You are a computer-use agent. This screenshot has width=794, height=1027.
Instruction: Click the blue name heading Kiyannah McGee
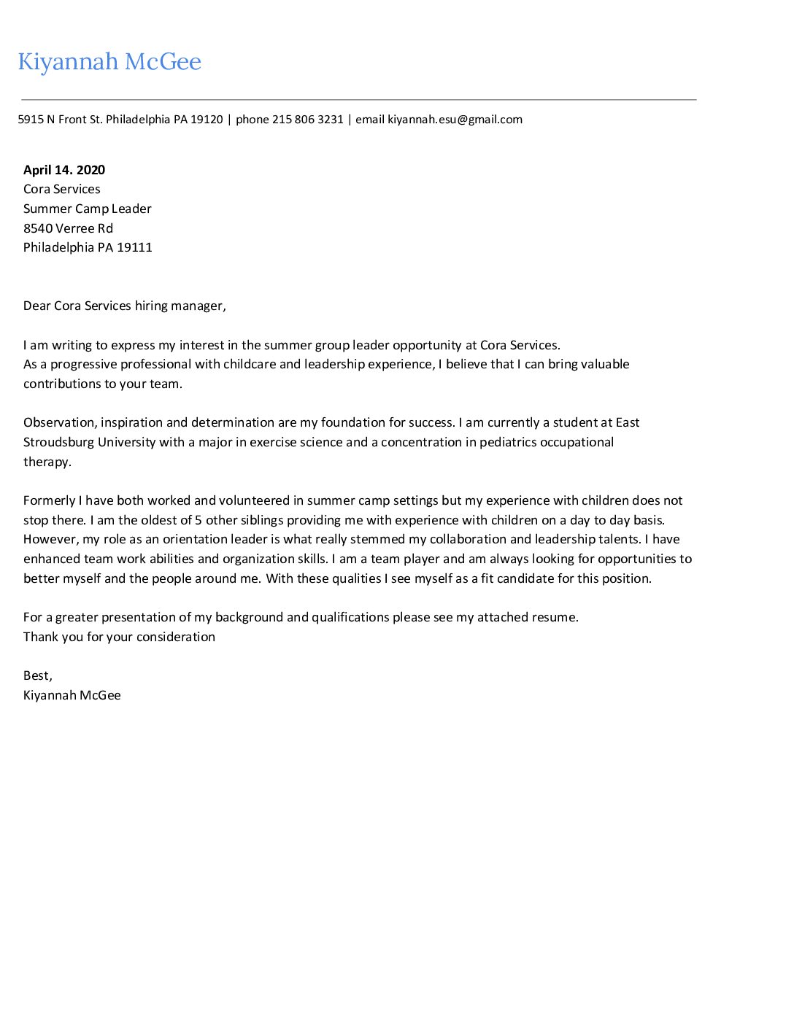tap(109, 62)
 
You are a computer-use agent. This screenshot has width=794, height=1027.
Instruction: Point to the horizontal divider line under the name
tap(358, 99)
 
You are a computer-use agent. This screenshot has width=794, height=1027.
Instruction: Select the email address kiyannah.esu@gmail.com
tap(455, 120)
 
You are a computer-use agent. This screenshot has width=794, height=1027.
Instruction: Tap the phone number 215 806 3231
tap(307, 120)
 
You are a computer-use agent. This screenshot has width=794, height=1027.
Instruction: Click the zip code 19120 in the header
tap(207, 120)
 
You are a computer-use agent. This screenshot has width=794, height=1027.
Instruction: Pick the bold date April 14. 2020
tap(64, 170)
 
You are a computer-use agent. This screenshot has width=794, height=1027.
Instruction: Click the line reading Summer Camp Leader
tap(88, 209)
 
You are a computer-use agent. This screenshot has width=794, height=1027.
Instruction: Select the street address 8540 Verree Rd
tap(68, 228)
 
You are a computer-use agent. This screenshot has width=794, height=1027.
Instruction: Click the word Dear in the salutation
tap(36, 306)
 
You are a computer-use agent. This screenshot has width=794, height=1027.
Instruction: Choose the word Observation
tap(59, 423)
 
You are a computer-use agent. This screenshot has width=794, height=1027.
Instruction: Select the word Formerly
tap(49, 500)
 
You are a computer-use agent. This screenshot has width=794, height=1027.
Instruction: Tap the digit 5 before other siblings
tap(198, 520)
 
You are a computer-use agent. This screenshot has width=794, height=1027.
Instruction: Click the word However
tap(50, 540)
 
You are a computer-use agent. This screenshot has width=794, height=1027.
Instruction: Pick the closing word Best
tap(36, 676)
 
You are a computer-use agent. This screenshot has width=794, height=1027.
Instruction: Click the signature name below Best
tap(72, 695)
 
